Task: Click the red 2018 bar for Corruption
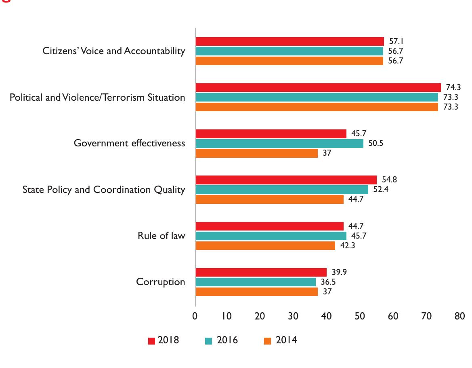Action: [261, 272]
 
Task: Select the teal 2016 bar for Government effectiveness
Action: [279, 143]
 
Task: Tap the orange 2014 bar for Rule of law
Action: [265, 245]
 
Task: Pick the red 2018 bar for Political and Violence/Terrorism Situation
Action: [318, 87]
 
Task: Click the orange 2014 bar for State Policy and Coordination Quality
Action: [269, 199]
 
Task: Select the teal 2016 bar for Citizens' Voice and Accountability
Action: [289, 51]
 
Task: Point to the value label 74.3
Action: [453, 87]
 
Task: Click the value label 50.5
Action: [376, 143]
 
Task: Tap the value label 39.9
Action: [339, 272]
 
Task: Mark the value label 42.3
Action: [347, 245]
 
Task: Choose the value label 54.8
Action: [389, 180]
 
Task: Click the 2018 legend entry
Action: [164, 340]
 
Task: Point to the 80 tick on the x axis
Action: [459, 316]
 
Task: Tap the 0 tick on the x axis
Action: [195, 316]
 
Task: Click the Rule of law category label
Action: [161, 236]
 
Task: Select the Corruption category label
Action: [160, 282]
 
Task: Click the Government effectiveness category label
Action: [129, 143]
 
